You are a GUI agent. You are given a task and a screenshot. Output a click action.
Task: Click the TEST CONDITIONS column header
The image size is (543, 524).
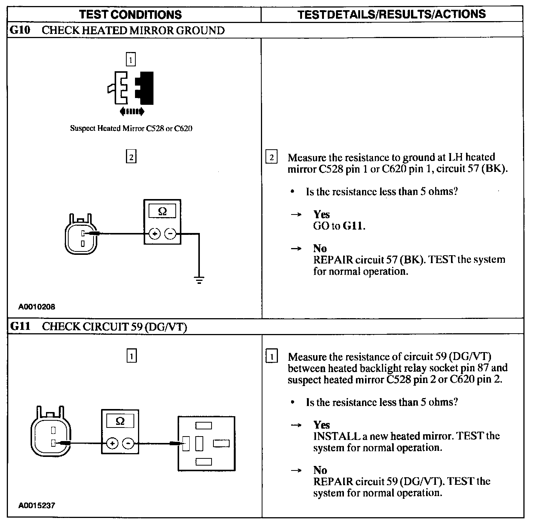click(x=130, y=15)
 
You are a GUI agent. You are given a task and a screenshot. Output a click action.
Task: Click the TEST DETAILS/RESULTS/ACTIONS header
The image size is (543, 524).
click(x=391, y=14)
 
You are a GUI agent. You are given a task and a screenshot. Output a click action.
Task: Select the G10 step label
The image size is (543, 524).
click(x=19, y=30)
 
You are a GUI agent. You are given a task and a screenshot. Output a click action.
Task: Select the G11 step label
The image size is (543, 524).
click(x=20, y=326)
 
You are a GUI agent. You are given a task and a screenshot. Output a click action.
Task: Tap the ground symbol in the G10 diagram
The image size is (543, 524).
click(x=199, y=280)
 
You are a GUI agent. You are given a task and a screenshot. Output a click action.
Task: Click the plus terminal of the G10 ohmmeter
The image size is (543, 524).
click(x=155, y=234)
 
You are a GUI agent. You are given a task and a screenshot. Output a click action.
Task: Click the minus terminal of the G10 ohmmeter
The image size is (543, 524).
click(x=170, y=234)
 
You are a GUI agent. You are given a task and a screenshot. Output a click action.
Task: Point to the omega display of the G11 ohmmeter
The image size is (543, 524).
click(x=120, y=421)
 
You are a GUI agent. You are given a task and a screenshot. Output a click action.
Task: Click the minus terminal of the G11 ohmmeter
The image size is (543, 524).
click(x=128, y=444)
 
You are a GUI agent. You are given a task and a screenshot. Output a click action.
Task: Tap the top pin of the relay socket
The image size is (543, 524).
click(x=204, y=426)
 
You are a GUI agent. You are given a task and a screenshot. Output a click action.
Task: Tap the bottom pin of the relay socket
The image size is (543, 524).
click(x=204, y=461)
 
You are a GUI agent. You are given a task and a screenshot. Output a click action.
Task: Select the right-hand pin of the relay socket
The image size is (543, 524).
click(x=221, y=444)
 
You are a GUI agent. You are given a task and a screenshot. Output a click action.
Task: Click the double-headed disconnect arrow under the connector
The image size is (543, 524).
click(x=131, y=111)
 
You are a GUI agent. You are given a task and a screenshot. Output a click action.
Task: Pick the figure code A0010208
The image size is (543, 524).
click(x=37, y=307)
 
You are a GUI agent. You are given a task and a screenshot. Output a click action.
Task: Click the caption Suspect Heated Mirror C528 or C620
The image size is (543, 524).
click(x=131, y=128)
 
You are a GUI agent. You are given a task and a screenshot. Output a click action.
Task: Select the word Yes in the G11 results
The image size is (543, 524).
click(x=321, y=425)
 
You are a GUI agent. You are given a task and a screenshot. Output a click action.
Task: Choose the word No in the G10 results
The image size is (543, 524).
click(x=320, y=248)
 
